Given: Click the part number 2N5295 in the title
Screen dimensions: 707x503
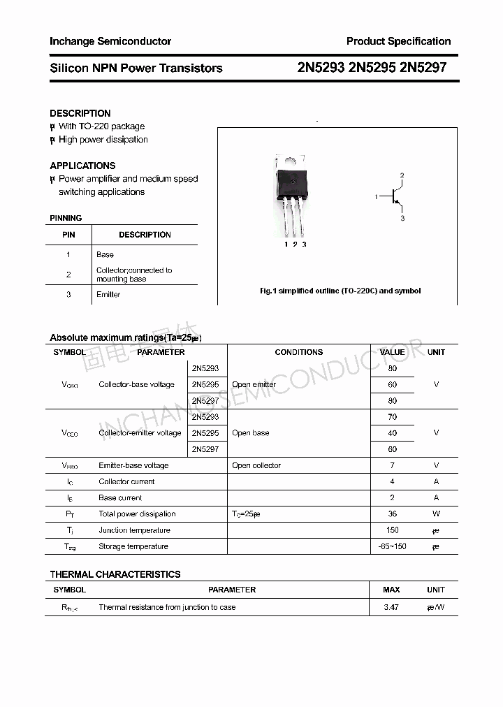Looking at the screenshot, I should (x=372, y=68).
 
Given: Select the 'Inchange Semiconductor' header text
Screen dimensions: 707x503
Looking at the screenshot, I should (x=110, y=41).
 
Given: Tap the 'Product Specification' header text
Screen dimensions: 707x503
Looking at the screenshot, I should (x=398, y=41).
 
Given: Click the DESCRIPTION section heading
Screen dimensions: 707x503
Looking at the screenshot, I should (x=80, y=113).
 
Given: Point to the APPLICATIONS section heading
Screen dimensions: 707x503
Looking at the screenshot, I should (x=82, y=166).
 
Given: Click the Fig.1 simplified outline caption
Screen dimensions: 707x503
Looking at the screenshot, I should (x=340, y=291).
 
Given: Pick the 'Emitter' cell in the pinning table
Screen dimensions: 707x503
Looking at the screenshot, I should (x=108, y=294).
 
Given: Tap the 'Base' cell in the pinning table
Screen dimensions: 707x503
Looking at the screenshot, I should (x=105, y=254).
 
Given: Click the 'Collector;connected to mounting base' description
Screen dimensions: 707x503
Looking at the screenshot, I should (x=133, y=275).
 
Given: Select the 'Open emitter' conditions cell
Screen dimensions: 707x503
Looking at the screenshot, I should (x=254, y=384).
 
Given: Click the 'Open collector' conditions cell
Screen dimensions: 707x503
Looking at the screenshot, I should (x=256, y=465).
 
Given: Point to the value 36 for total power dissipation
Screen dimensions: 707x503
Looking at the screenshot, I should (x=392, y=514).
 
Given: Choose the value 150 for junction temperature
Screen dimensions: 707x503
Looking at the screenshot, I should (x=392, y=530).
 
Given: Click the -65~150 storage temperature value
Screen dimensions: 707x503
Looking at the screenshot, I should (x=392, y=546).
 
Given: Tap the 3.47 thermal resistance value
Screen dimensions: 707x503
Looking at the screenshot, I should (x=391, y=607).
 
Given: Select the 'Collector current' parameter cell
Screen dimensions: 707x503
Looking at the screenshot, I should (x=126, y=481).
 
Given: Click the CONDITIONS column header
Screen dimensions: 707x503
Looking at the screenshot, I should (x=298, y=352).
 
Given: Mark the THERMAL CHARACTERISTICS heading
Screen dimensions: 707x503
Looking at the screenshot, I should (x=115, y=574).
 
